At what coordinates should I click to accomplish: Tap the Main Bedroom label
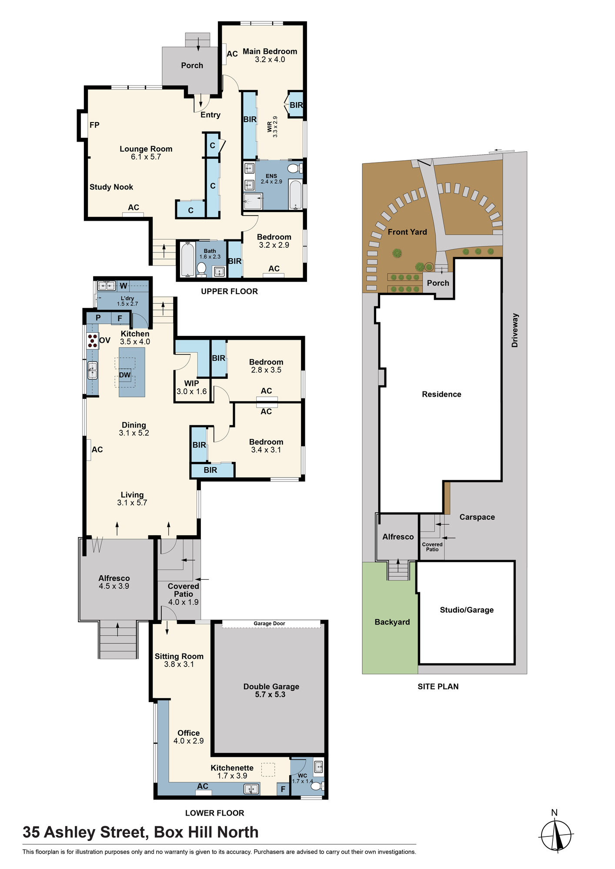pos(270,51)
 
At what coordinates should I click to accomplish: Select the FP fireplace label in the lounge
pos(94,125)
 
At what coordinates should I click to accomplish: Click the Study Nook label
pos(111,187)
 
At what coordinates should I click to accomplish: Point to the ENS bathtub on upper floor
pos(296,195)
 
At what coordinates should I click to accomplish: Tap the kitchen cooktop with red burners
pos(92,341)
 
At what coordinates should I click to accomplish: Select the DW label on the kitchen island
pos(125,375)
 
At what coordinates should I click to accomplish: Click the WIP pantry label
pos(192,383)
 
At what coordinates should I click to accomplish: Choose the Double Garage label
pos(271,687)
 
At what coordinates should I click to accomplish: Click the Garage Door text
pos(269,624)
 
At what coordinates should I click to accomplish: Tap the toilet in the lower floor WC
pos(318,786)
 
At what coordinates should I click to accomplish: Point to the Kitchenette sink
pos(251,789)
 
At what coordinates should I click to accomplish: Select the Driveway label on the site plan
pos(515,330)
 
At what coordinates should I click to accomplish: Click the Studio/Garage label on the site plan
pos(467,610)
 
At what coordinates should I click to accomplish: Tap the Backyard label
pos(392,622)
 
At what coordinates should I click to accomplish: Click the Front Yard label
pos(408,232)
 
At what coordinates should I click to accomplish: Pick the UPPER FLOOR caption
pos(229,291)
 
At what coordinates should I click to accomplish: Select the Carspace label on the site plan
pos(477,517)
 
